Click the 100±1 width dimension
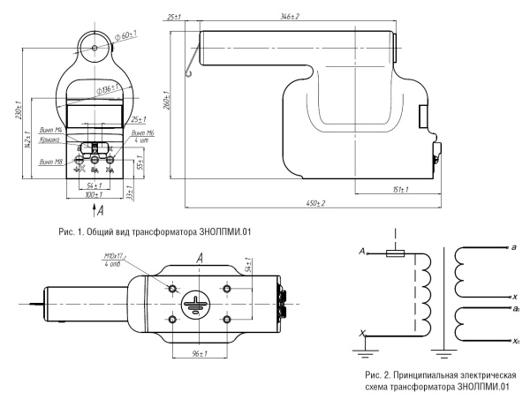[92, 193]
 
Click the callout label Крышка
[49, 140]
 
